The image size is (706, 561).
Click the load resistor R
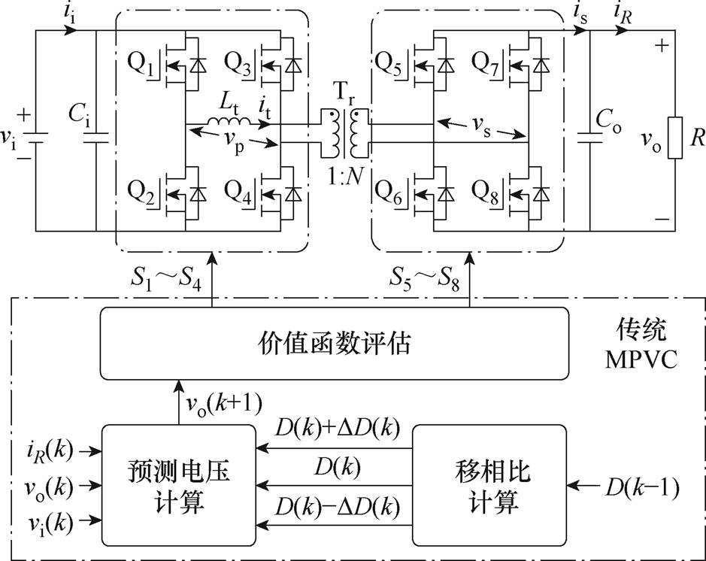click(674, 138)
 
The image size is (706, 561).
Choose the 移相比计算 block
click(489, 484)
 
